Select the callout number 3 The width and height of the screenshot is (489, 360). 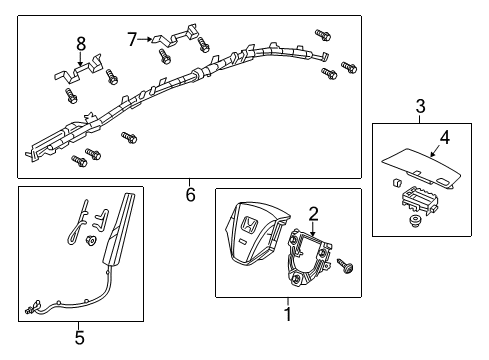(421, 107)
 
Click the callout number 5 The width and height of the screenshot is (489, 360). (80, 337)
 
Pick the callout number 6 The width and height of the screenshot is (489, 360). (190, 195)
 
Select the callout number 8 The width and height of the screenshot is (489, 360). (81, 42)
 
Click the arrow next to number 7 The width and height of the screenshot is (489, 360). (146, 41)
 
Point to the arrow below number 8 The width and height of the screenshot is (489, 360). (82, 59)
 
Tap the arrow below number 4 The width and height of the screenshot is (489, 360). (436, 153)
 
